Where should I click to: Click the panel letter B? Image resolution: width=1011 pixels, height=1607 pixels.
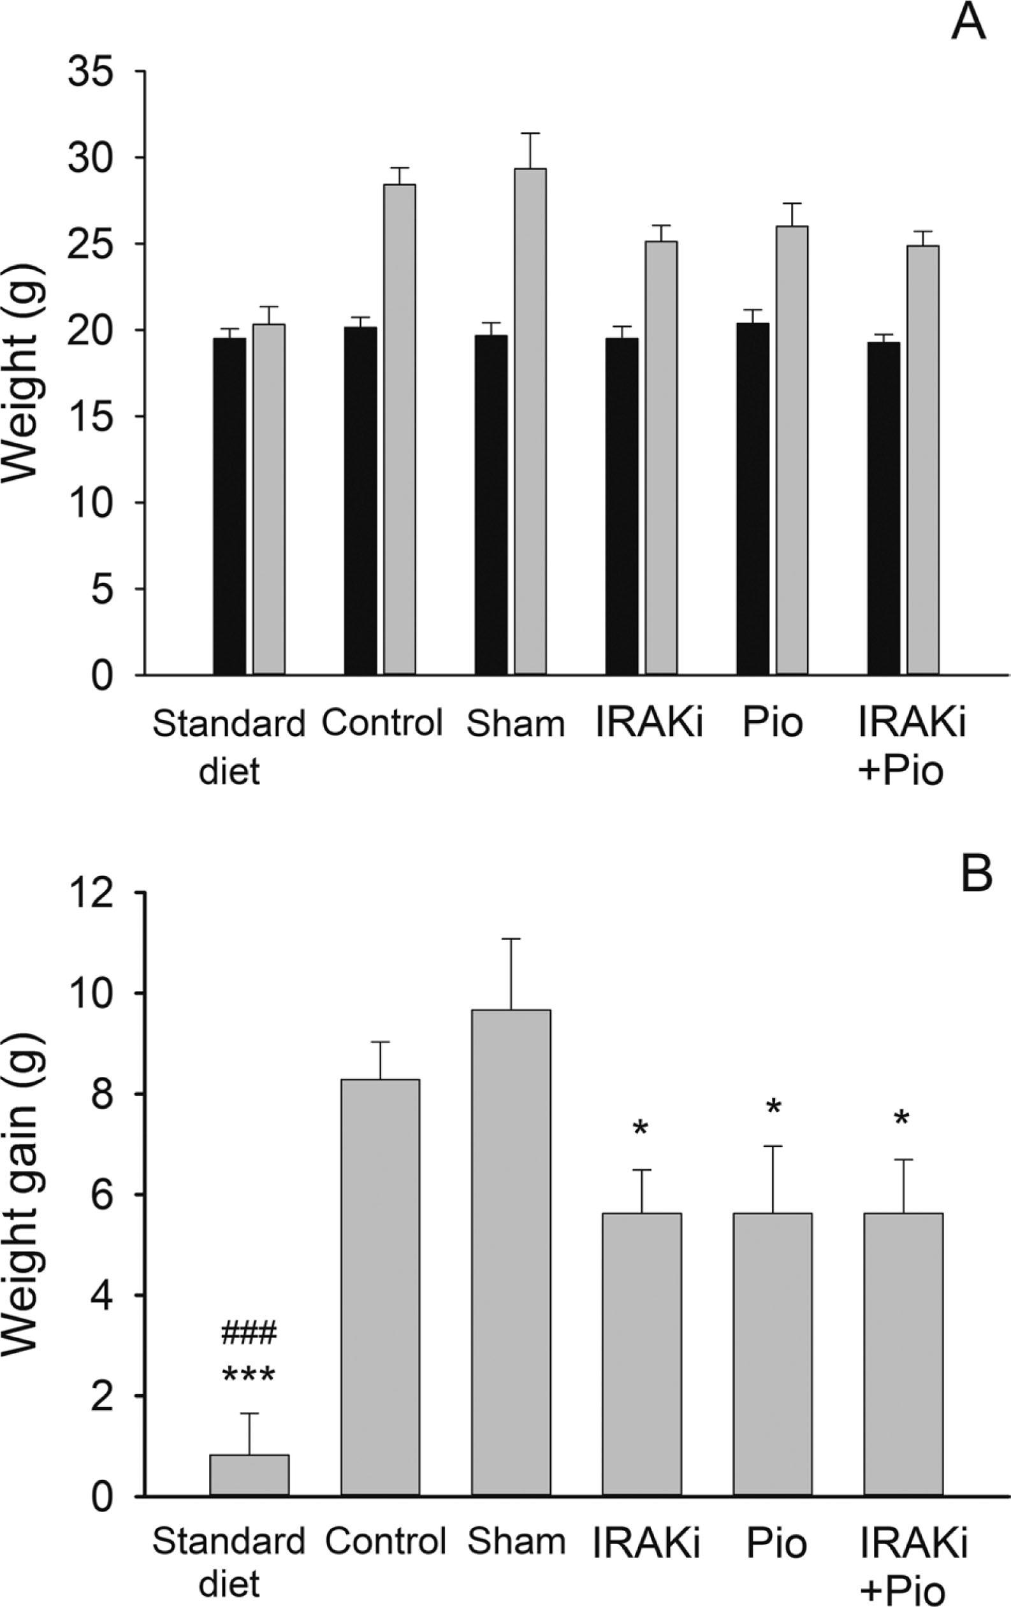point(975,873)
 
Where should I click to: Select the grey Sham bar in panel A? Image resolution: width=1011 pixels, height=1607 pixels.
point(530,421)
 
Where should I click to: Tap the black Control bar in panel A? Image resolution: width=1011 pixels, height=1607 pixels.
point(361,501)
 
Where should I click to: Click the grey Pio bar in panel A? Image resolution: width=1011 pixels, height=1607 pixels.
point(792,450)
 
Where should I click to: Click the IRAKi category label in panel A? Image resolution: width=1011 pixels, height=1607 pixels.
point(649,724)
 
